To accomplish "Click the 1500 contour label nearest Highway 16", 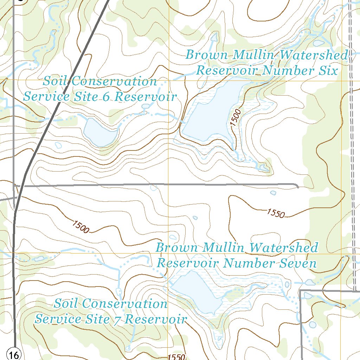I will click(x=81, y=227).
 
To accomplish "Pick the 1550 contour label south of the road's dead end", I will click(x=276, y=213).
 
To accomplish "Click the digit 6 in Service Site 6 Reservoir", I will click(x=106, y=97).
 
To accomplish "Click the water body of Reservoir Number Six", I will click(x=211, y=112).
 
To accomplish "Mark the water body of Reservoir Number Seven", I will click(x=197, y=290).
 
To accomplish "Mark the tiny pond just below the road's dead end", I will click(x=273, y=193).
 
